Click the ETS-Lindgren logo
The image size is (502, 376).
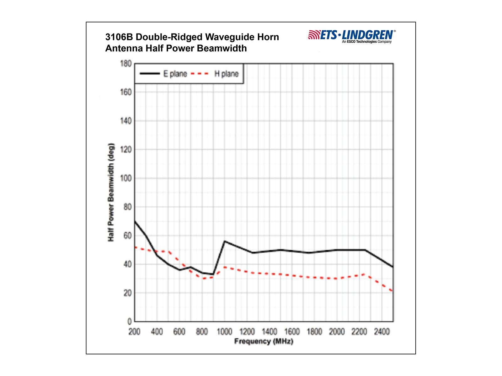coord(352,36)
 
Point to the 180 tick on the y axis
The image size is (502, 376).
coord(126,64)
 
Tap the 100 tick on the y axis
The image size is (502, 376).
coord(126,178)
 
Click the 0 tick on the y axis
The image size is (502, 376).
coord(129,321)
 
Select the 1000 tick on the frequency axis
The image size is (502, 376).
coord(225,332)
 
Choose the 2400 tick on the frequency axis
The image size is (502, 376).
coord(382,332)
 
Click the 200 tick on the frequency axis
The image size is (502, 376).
coord(135,332)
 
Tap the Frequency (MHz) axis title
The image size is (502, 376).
coord(264,341)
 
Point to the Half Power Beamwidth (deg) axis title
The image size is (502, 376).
coord(111,192)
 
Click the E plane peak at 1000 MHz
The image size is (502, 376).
coord(224,241)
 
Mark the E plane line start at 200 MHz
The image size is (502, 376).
coord(135,221)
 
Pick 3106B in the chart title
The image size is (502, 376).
coord(119,37)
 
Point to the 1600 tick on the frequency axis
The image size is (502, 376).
coord(292,332)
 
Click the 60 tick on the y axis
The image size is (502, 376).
coord(127,236)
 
